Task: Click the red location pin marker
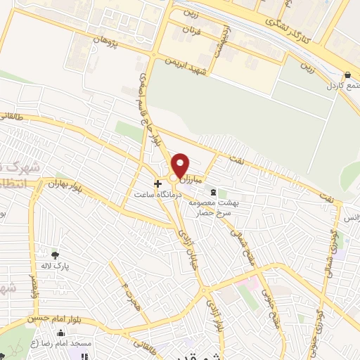(x=181, y=165)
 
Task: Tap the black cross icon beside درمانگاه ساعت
(x=157, y=183)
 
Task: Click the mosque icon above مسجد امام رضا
(x=61, y=333)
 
